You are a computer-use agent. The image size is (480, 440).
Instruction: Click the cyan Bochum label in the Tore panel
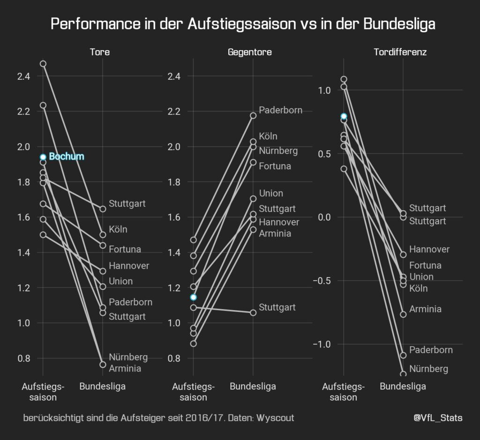point(66,157)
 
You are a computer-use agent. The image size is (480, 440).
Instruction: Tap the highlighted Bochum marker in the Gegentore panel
point(194,297)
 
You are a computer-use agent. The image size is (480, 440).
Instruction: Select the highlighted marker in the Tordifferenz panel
point(344,116)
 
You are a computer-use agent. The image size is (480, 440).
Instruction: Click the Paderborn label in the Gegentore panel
point(280,110)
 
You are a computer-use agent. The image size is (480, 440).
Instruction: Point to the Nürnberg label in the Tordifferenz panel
point(428,369)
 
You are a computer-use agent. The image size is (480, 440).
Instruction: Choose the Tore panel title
point(100,52)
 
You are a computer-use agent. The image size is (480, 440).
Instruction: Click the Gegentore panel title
point(249,52)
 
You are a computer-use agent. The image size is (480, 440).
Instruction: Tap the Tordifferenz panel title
point(400,52)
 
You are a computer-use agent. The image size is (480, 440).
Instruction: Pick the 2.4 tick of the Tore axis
point(23,76)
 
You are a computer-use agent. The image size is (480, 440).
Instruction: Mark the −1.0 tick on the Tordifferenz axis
point(323,344)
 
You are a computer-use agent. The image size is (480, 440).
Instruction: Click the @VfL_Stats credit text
point(438,417)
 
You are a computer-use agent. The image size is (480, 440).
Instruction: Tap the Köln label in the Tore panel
point(118,229)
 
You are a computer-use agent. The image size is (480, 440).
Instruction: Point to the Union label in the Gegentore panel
point(271,193)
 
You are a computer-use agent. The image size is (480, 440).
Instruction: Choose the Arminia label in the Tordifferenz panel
point(425,309)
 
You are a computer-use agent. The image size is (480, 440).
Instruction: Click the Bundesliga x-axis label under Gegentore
point(253,387)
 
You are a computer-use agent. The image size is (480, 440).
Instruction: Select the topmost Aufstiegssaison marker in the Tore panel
point(43,63)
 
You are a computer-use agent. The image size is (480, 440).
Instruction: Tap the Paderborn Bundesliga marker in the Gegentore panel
point(253,115)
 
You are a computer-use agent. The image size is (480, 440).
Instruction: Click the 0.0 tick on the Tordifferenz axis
point(323,217)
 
